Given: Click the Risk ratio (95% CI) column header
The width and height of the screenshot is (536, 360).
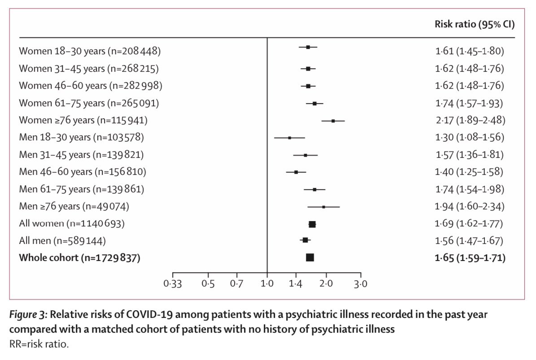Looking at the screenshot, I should click(x=474, y=24).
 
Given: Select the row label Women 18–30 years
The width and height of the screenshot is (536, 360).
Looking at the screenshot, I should click(x=90, y=51).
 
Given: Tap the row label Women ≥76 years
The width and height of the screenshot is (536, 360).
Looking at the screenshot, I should click(x=83, y=120).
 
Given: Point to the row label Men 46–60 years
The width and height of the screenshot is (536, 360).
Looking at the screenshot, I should click(x=83, y=172).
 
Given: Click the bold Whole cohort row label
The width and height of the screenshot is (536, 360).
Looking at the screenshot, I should click(x=79, y=258).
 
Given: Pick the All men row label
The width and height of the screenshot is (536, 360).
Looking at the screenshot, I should click(x=62, y=241).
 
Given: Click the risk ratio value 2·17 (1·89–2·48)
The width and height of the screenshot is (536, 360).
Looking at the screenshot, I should click(x=470, y=120).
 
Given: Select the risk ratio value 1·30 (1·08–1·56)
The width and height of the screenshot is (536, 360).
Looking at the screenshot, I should click(x=470, y=137).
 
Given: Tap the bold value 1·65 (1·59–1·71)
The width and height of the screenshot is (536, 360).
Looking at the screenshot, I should click(x=470, y=258).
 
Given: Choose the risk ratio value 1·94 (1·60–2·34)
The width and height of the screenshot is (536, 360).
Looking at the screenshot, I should click(x=470, y=206).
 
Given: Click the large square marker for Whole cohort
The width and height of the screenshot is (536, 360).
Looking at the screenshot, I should click(x=310, y=257).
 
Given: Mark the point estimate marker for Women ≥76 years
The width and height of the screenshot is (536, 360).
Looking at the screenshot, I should click(x=333, y=121).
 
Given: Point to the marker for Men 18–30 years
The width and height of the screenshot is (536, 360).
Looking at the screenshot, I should click(x=289, y=138).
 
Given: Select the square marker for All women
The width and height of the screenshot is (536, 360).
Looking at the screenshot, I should click(x=312, y=224).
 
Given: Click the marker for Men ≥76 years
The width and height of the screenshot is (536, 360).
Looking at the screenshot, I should click(x=323, y=207).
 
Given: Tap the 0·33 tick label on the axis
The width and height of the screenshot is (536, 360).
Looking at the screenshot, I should click(x=172, y=284).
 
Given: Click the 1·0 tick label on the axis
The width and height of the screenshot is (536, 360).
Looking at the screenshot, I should click(x=267, y=284).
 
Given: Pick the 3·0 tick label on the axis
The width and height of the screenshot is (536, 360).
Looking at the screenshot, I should click(x=361, y=284).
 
